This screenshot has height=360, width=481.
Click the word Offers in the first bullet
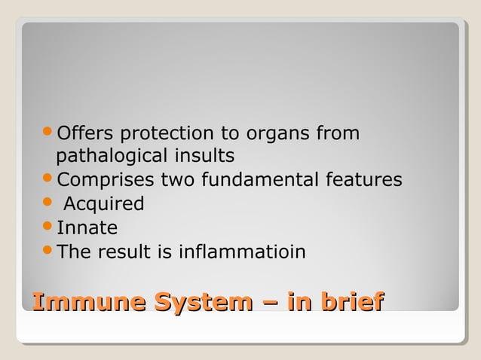click(85, 134)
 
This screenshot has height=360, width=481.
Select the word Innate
click(87, 228)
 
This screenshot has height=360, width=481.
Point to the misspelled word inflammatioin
click(242, 252)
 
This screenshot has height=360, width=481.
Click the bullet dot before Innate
click(47, 228)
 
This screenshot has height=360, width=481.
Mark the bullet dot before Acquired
click(47, 204)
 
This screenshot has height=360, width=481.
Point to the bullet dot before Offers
click(47, 134)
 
